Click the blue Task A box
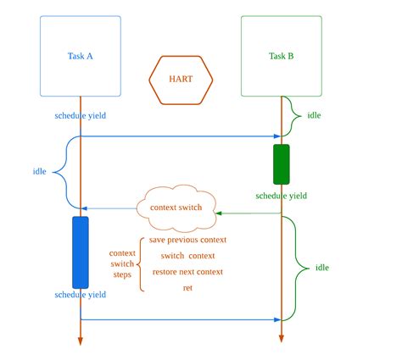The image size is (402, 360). coord(81,56)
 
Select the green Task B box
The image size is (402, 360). coord(281,56)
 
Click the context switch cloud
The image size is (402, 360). coord(176,208)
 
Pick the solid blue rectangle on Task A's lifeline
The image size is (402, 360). coord(81,252)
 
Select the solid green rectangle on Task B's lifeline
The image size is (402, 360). coord(281,164)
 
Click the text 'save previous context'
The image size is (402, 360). coord(187,240)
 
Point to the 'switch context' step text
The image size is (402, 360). coord(187,256)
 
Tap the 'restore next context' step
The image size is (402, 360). coord(187,272)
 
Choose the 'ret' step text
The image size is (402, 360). coord(187,288)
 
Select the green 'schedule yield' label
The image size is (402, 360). coord(281,196)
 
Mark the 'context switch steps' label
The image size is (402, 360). coord(122,263)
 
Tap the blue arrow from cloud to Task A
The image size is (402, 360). coord(110,208)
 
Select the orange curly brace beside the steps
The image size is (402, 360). coord(139,263)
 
